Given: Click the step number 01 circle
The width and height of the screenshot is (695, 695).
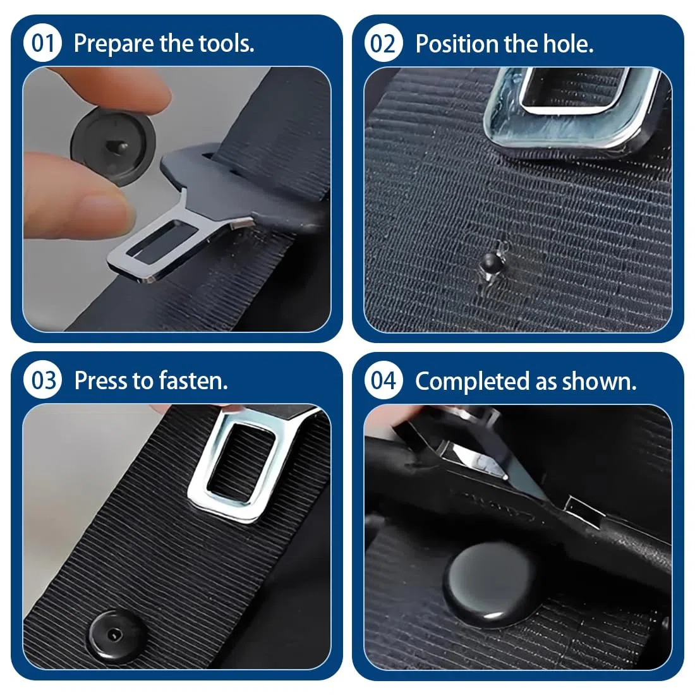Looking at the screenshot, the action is [x=42, y=43].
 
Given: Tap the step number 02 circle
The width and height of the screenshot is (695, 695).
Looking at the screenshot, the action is [x=384, y=43].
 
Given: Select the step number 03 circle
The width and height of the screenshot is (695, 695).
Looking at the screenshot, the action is [x=42, y=380].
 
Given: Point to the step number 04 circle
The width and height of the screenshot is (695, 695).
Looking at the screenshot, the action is [x=384, y=380].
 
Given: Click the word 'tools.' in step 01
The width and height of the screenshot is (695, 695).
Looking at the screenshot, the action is [x=226, y=44].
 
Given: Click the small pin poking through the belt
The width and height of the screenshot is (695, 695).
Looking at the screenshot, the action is [x=491, y=263].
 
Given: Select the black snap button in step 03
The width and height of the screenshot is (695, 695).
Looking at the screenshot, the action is [x=117, y=636].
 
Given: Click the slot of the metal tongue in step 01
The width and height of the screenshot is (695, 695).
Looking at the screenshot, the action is [x=162, y=240].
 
